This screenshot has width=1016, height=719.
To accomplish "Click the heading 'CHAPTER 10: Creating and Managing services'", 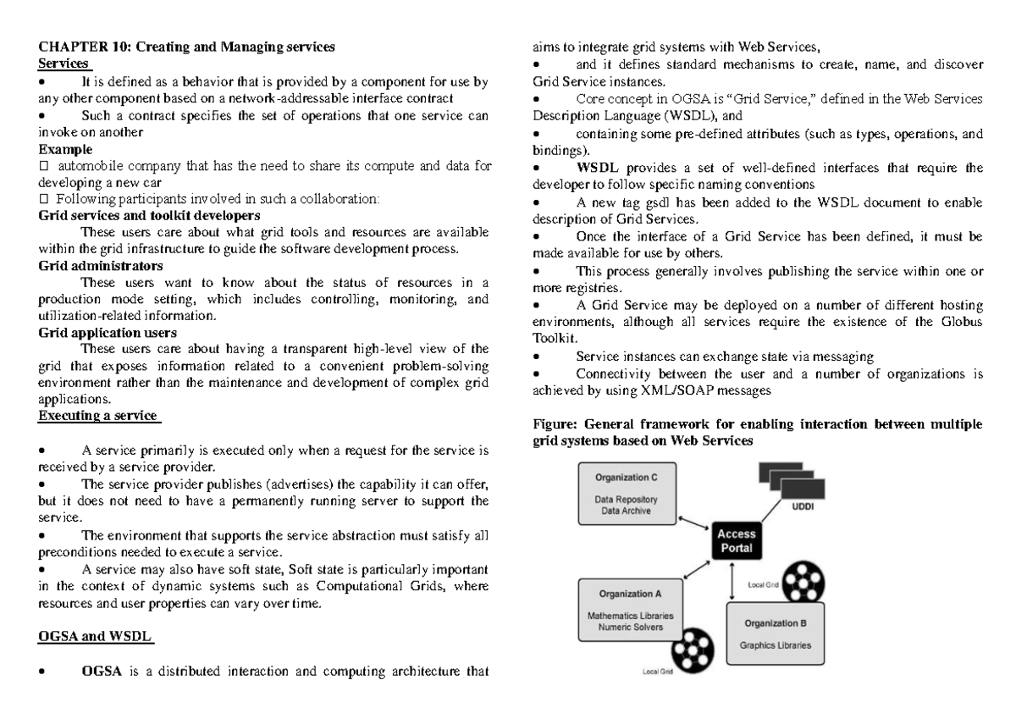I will [187, 47].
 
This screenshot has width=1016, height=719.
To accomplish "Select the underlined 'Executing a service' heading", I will [98, 415].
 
